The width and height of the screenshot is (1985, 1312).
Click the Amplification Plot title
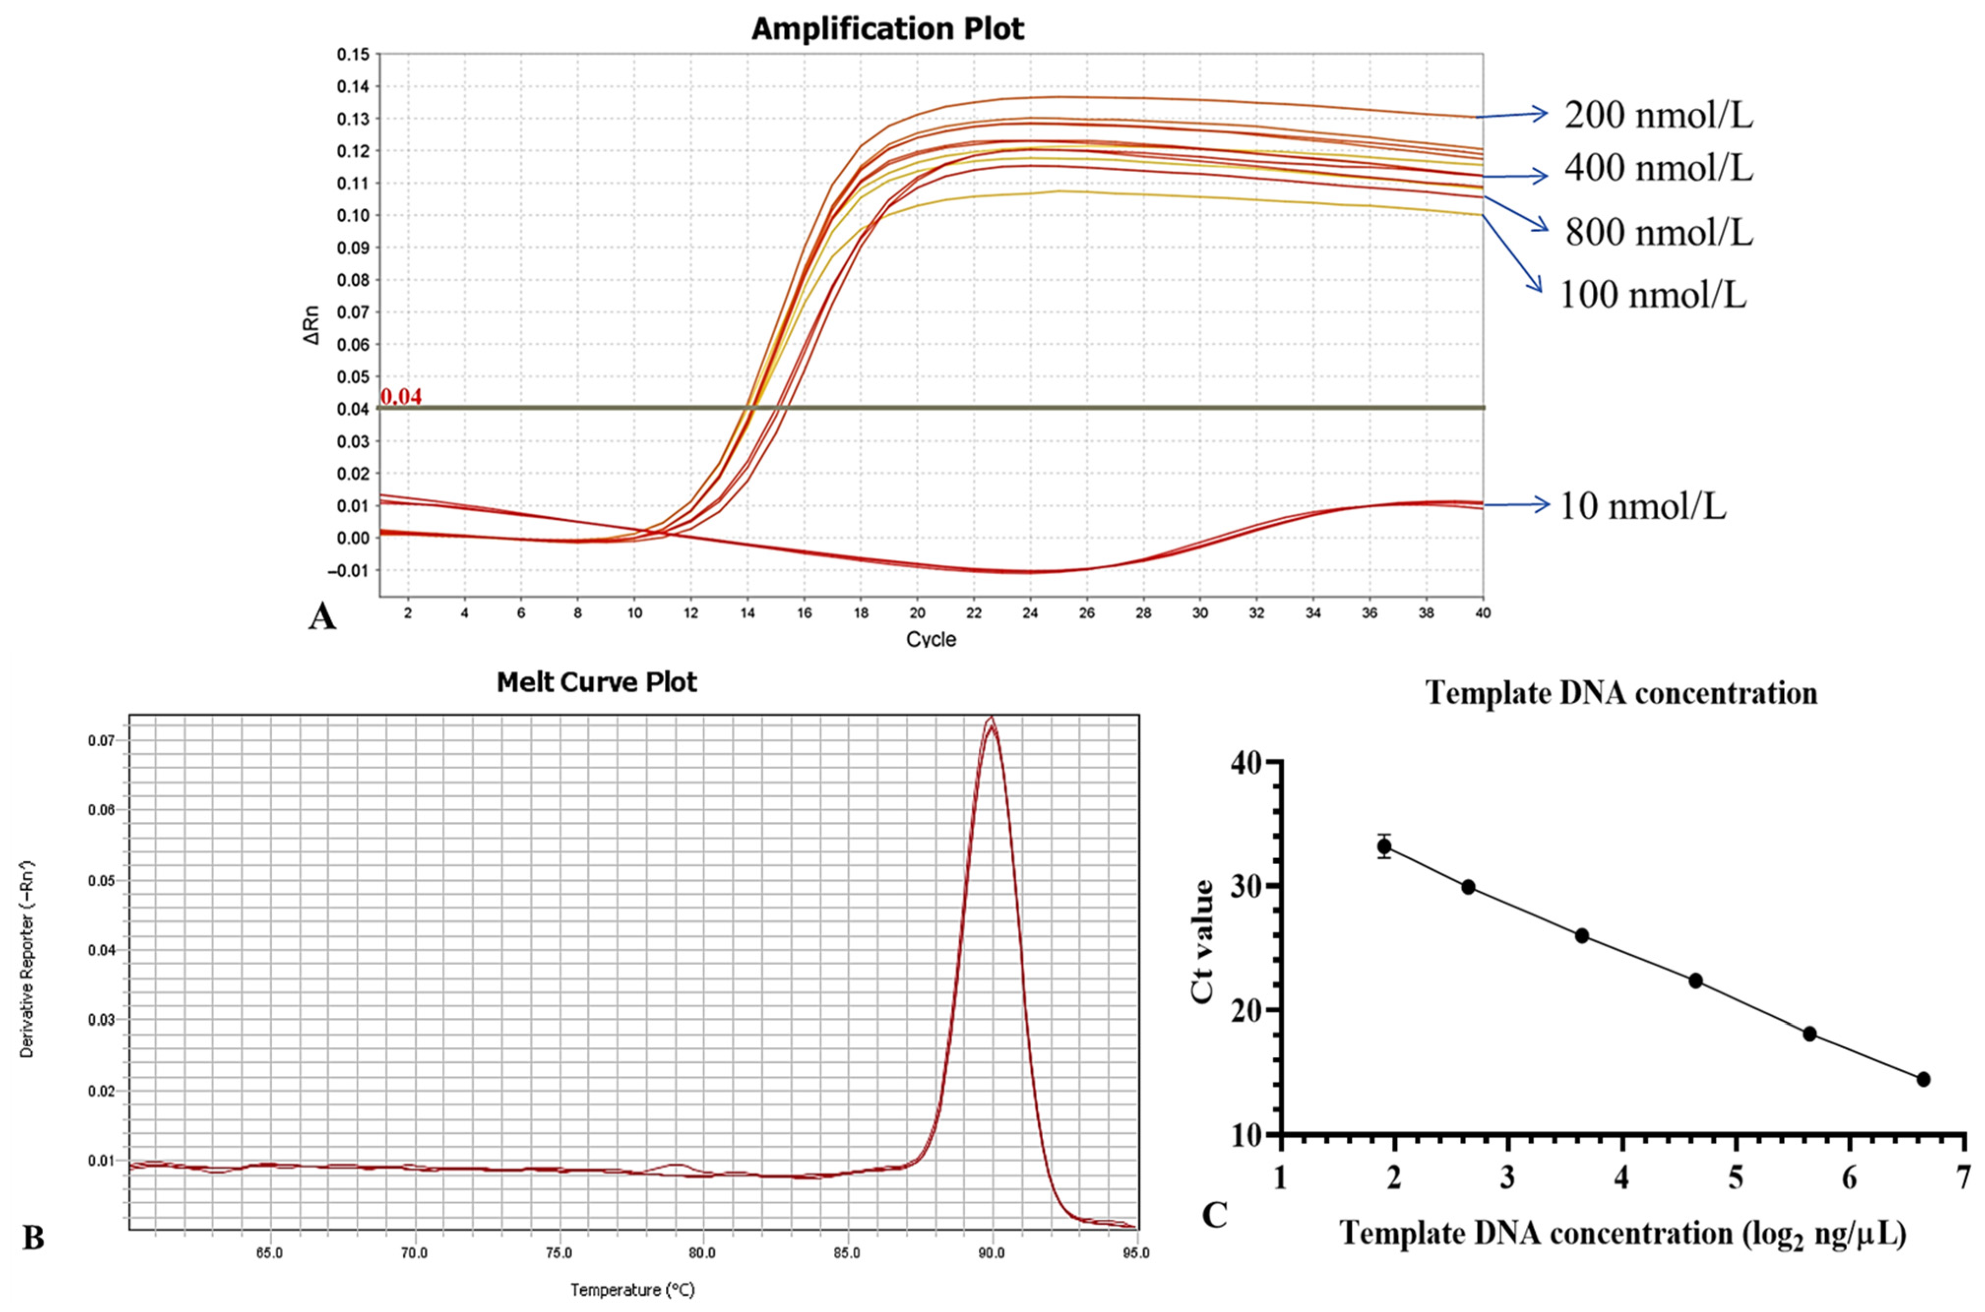point(888,30)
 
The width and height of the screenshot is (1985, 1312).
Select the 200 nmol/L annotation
point(1659,116)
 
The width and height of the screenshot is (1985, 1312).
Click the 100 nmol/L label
point(1653,295)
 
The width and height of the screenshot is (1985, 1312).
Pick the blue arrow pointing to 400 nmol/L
point(1514,176)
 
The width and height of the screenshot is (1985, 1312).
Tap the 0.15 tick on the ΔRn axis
point(352,55)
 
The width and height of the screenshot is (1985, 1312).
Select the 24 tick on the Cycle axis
point(1030,613)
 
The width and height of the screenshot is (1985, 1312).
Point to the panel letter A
point(322,618)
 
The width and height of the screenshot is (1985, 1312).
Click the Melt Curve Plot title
point(596,682)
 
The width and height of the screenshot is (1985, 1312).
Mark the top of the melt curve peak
point(991,718)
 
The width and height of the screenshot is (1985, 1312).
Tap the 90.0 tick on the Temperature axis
point(992,1253)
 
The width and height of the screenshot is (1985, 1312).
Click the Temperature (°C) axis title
point(632,1290)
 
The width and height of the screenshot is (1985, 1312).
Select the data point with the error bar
point(1384,846)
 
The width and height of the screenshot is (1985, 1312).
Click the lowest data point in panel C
point(1923,1079)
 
